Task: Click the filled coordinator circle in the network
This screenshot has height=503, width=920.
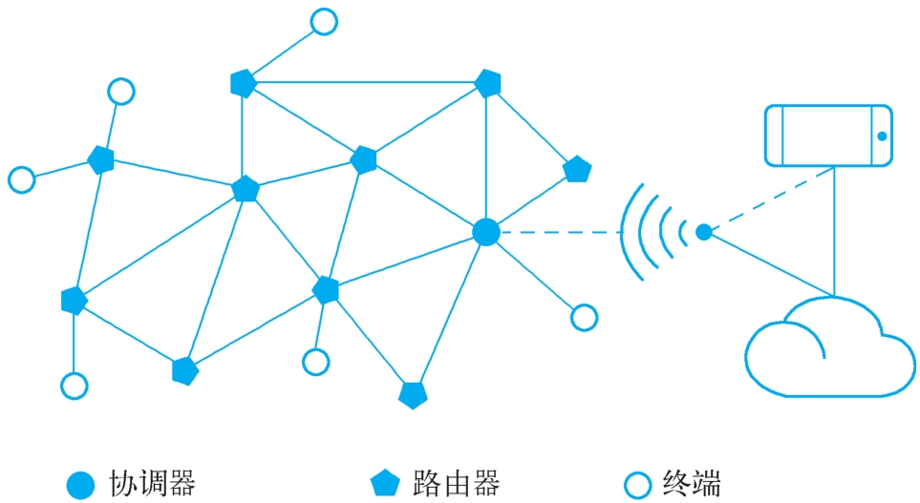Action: tap(486, 232)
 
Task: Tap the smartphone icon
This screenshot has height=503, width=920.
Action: tap(829, 136)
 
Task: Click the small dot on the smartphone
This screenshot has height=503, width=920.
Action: tap(882, 136)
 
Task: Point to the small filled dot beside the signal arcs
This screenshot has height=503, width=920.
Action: tap(704, 232)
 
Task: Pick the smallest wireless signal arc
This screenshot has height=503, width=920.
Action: tap(682, 232)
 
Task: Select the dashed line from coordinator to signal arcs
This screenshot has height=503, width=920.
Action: tap(559, 232)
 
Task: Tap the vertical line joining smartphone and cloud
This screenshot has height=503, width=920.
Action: tap(834, 229)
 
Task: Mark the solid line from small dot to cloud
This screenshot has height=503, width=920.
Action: tap(769, 263)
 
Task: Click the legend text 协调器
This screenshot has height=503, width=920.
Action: tap(153, 483)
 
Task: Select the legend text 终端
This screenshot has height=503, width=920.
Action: tap(692, 483)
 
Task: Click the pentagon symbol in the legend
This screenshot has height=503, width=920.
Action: tap(384, 484)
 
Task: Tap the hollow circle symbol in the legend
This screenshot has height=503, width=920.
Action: tap(636, 484)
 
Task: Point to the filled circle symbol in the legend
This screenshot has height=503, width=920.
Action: tap(81, 484)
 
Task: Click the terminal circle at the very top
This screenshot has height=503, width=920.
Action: tap(326, 20)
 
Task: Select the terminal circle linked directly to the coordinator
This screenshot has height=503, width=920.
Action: tap(584, 318)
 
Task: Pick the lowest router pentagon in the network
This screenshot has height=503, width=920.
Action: tap(413, 394)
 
